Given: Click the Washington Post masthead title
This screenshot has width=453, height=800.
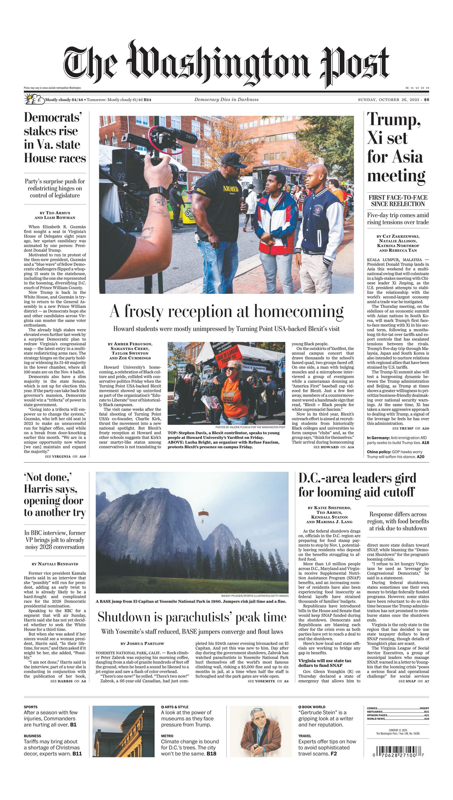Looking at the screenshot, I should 226,64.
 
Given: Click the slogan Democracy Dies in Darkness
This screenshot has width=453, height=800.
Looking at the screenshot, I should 226,100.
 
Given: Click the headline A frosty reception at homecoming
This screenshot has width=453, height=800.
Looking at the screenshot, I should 226,311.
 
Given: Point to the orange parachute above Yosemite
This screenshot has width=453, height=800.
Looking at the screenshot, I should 203,513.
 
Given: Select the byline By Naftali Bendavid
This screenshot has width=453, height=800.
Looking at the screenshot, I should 55,563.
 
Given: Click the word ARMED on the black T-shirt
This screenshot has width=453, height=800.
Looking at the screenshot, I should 231,189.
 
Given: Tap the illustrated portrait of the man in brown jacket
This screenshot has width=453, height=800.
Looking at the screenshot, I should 261,731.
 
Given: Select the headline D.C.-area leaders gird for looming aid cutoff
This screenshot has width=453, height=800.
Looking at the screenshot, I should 357,485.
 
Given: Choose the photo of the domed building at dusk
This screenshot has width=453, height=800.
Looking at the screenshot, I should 123,731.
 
